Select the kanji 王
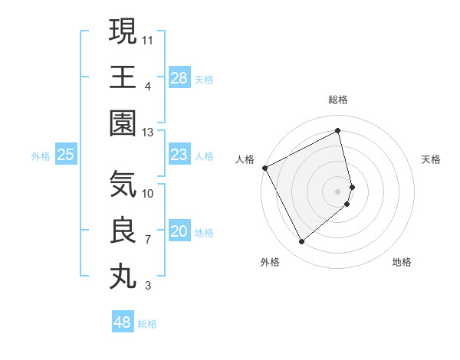123,77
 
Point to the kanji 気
123,184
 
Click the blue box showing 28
179,77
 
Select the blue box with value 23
179,155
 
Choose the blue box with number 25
66,155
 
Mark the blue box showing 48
123,322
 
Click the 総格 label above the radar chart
338,100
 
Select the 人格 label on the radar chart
245,159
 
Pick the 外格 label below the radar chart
270,262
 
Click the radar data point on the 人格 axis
264,168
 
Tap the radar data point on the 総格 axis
338,131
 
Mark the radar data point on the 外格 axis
301,242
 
